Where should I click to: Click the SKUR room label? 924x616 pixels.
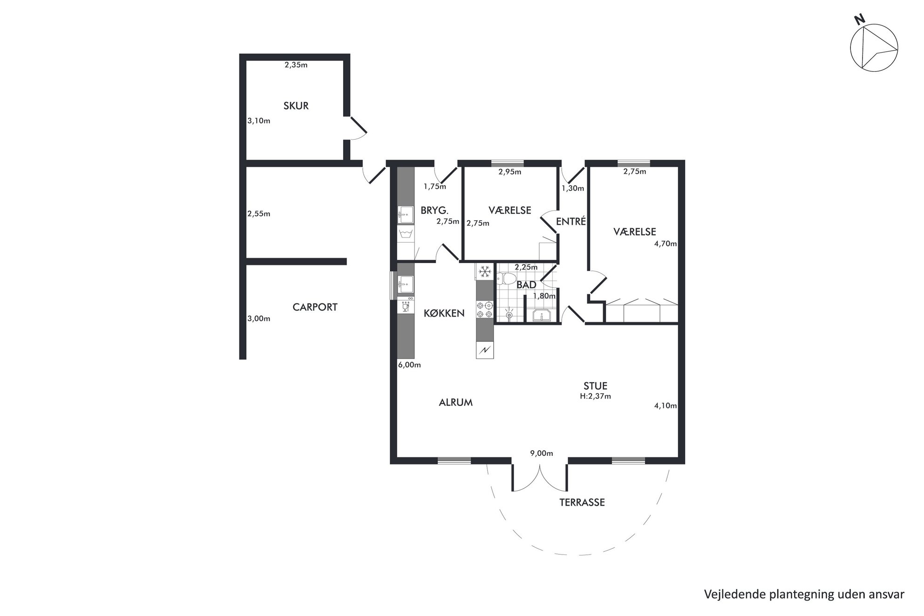[x=296, y=106]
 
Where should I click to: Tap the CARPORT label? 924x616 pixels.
[x=315, y=307]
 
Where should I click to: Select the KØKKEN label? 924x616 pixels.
[x=444, y=313]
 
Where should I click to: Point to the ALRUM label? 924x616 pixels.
[x=455, y=402]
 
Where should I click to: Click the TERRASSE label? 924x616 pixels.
[x=582, y=502]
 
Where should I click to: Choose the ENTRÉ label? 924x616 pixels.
[x=571, y=222]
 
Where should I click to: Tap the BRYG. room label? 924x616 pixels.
[x=435, y=210]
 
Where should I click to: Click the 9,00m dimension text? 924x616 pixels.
[x=541, y=453]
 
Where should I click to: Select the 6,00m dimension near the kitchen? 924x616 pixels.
[x=409, y=365]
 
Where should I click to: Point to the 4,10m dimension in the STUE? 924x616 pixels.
[x=665, y=406]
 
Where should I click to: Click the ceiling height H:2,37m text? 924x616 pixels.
[x=595, y=397]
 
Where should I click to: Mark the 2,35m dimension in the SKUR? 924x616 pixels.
[x=296, y=65]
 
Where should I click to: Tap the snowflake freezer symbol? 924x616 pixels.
[x=485, y=271]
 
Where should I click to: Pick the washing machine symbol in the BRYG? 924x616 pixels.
[x=406, y=233]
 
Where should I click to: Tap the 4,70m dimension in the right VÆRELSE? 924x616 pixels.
[x=665, y=244]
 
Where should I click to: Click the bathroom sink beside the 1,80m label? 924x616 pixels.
[x=542, y=315]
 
